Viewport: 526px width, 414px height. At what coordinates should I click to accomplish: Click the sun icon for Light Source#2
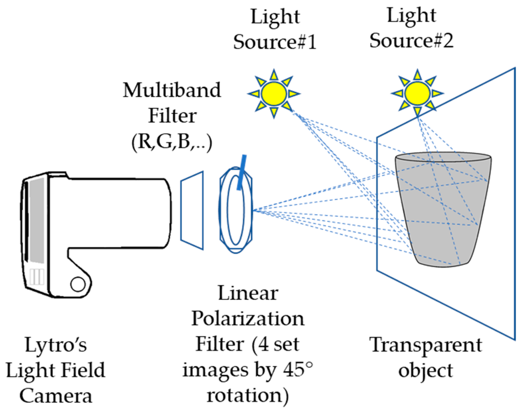tap(417, 93)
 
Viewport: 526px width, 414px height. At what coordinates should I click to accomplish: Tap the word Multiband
tap(172, 90)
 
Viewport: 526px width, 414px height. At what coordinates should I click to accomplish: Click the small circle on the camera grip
tap(78, 284)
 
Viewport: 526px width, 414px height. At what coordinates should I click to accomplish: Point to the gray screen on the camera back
tap(37, 220)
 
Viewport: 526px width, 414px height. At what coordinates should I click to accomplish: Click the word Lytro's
tap(56, 345)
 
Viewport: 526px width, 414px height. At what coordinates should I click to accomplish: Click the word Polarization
tap(248, 319)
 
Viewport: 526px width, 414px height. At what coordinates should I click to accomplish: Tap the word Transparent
tap(426, 345)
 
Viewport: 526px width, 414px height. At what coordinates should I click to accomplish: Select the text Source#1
tap(275, 42)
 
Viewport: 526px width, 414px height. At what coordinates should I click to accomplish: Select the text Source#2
tap(411, 40)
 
